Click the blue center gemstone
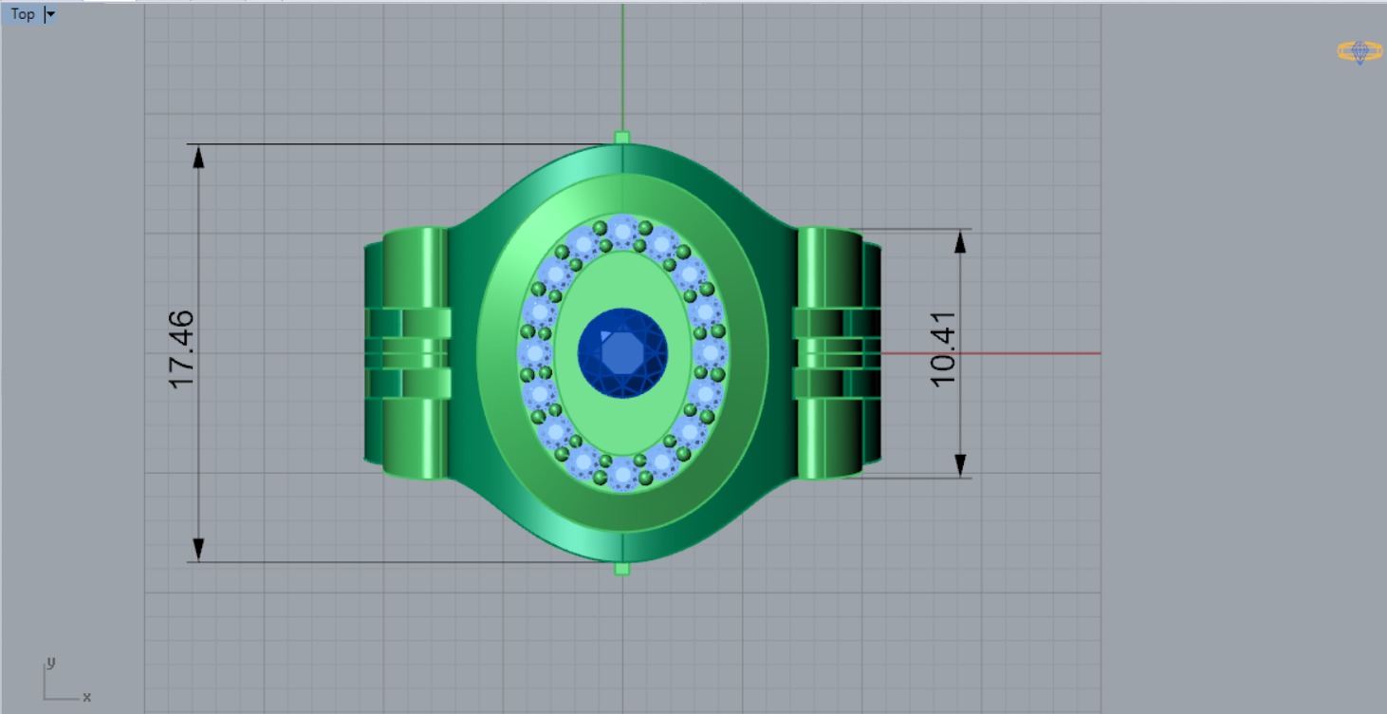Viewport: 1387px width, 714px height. [622, 352]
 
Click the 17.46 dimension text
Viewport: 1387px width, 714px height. [181, 348]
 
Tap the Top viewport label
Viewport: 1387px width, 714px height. [23, 14]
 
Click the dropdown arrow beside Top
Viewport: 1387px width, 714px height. [50, 14]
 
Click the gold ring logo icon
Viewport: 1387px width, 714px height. [1359, 51]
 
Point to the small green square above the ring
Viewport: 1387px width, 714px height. [622, 138]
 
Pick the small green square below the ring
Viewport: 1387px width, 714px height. [622, 569]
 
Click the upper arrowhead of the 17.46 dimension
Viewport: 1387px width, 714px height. [198, 157]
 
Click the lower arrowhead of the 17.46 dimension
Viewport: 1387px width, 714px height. [198, 549]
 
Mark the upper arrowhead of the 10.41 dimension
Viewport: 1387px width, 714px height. [960, 241]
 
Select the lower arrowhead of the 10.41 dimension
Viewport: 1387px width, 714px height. [960, 464]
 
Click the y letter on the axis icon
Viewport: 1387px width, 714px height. [51, 662]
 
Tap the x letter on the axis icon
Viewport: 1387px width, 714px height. [86, 697]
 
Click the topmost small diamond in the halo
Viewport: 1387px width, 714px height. [622, 231]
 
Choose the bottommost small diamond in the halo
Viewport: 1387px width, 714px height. [622, 474]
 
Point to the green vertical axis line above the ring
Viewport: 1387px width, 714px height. [622, 66]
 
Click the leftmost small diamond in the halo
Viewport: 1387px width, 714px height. [534, 353]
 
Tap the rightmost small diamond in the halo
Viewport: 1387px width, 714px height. [711, 353]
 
